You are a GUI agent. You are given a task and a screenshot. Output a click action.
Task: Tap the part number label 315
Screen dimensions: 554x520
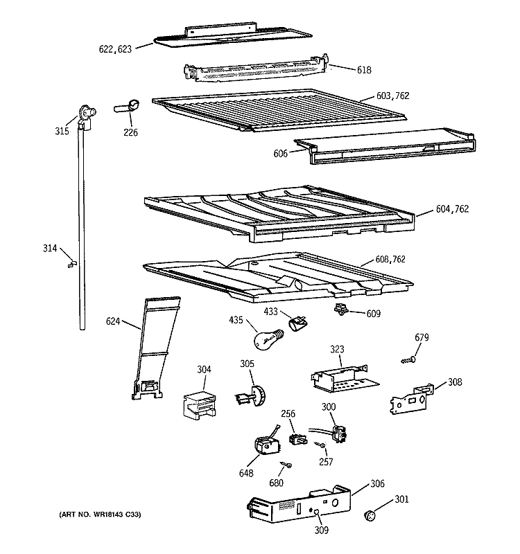point(62,131)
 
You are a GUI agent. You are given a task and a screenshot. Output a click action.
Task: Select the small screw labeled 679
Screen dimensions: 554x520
point(408,360)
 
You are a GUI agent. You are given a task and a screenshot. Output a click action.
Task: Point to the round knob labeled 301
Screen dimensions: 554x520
point(372,515)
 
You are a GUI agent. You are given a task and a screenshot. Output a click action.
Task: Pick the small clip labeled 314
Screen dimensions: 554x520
point(71,263)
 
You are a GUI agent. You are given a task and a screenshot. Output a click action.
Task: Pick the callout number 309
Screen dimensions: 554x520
point(320,531)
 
